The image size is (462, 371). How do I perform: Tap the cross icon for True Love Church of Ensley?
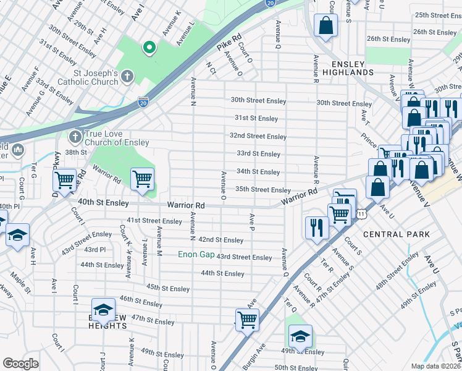pos(75,135)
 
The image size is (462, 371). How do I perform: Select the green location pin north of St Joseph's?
pos(148,46)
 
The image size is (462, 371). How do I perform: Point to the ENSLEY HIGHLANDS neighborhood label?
pos(353,67)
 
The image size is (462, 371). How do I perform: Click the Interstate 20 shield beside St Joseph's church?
pos(143,100)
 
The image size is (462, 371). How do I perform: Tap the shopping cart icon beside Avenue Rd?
pos(64,180)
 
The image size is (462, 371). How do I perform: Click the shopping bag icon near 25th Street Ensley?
pos(325,25)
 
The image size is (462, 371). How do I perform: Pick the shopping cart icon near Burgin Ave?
pos(247,320)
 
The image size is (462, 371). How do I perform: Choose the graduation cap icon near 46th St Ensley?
pos(103,310)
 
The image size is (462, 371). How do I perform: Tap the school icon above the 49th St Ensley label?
pos(300,336)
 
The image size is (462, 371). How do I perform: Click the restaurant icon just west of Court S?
pos(314,226)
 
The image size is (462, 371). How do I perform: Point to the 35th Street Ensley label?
pos(263,190)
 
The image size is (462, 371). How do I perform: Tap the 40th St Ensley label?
pos(103,202)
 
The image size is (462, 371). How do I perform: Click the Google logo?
pos(20,364)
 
